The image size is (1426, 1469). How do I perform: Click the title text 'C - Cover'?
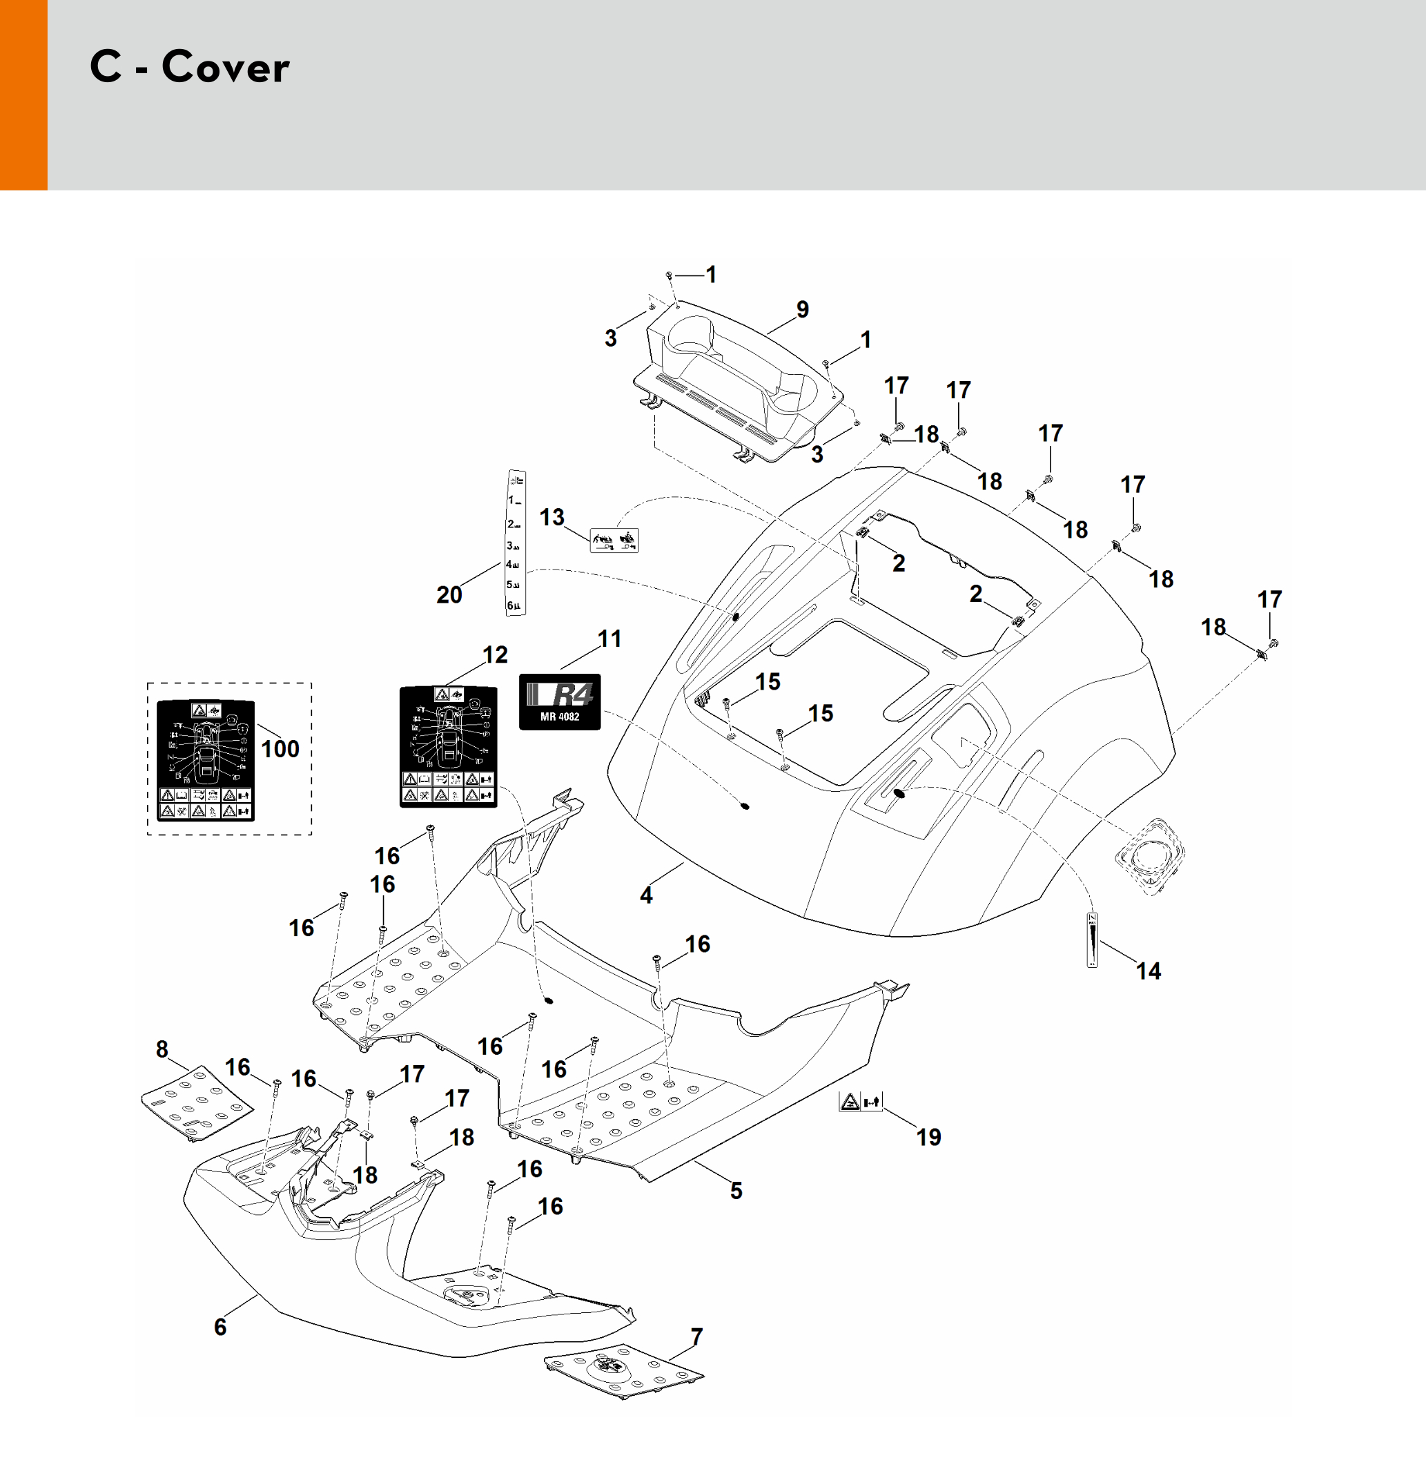pyautogui.click(x=190, y=67)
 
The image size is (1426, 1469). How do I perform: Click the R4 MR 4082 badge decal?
pyautogui.click(x=560, y=701)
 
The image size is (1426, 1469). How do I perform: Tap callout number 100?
pyautogui.click(x=280, y=748)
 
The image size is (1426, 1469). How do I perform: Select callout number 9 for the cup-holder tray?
pyautogui.click(x=803, y=309)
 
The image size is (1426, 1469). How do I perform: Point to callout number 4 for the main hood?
pyautogui.click(x=646, y=895)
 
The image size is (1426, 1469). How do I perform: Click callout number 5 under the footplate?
pyautogui.click(x=736, y=1190)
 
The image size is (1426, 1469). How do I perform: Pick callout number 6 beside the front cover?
pyautogui.click(x=220, y=1327)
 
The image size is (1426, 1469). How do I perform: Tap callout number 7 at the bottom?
pyautogui.click(x=697, y=1337)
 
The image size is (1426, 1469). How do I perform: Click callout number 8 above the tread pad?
pyautogui.click(x=162, y=1049)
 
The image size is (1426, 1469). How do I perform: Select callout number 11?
pyautogui.click(x=609, y=639)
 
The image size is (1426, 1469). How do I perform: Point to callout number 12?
pyautogui.click(x=495, y=654)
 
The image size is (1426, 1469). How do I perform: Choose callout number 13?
pyautogui.click(x=552, y=517)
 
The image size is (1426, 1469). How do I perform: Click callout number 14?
pyautogui.click(x=1148, y=971)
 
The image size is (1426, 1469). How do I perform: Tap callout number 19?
pyautogui.click(x=928, y=1137)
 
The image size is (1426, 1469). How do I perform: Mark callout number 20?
pyautogui.click(x=449, y=594)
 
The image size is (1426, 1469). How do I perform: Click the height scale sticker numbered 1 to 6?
pyautogui.click(x=516, y=543)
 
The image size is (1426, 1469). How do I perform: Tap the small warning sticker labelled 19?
pyautogui.click(x=860, y=1102)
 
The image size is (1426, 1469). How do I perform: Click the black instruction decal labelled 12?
pyautogui.click(x=448, y=746)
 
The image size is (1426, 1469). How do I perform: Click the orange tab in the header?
pyautogui.click(x=23, y=95)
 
